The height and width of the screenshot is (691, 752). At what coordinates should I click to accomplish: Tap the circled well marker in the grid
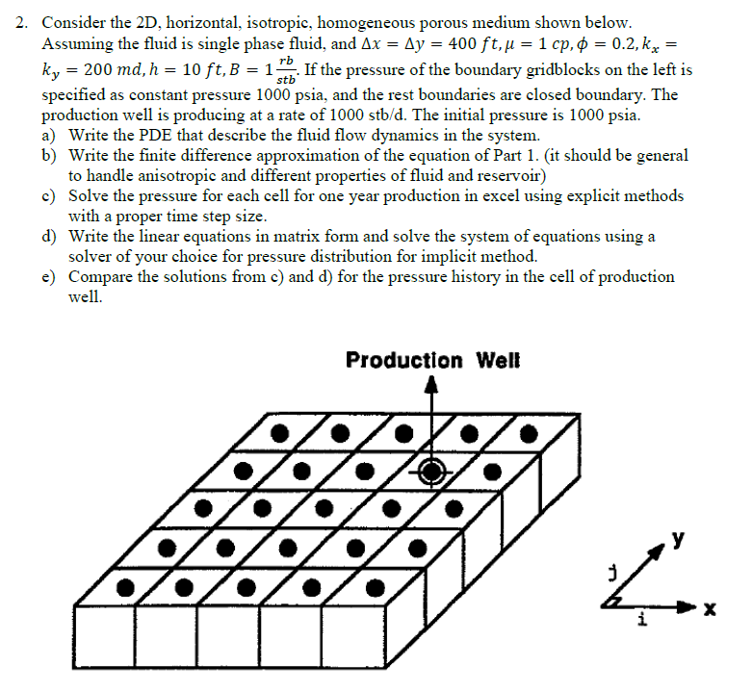tap(431, 471)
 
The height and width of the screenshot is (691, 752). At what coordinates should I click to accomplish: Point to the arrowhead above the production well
tap(431, 385)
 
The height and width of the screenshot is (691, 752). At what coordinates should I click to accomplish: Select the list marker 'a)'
tap(50, 136)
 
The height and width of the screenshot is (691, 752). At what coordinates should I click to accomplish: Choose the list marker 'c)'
tap(50, 195)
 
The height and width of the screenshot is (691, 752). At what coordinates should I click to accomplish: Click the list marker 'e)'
tap(50, 276)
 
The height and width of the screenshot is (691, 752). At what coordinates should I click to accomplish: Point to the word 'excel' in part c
tap(490, 195)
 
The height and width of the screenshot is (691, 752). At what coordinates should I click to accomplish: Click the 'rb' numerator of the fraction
tap(284, 62)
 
